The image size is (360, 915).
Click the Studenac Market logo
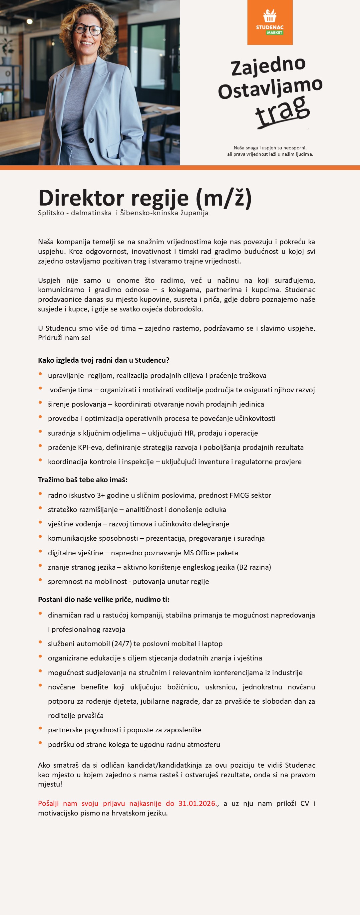click(x=270, y=22)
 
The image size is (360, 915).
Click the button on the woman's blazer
click(x=91, y=140)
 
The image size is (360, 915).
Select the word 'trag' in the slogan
click(x=282, y=111)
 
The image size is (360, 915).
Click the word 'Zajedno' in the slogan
click(x=268, y=66)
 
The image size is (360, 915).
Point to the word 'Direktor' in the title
click(x=81, y=198)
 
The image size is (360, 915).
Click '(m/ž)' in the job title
click(x=223, y=198)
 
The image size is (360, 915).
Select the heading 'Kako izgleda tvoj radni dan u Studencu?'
click(x=104, y=360)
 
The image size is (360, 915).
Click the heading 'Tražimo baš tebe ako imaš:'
click(x=83, y=479)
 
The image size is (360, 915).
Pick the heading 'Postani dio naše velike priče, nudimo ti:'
click(x=104, y=600)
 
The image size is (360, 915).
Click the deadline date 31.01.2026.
click(x=197, y=804)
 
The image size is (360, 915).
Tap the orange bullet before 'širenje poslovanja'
click(x=40, y=403)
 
